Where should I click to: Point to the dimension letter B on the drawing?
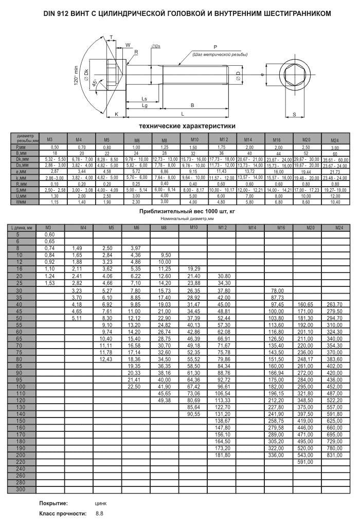click(x=192, y=105)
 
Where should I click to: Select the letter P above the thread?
click(x=214, y=47)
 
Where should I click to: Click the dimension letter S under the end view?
click(x=294, y=114)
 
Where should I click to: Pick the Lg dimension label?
click(x=145, y=105)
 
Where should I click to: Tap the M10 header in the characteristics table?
click(x=194, y=139)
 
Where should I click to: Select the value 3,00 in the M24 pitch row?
click(x=334, y=148)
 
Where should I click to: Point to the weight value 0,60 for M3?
click(x=49, y=234)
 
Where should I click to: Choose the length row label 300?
click(x=20, y=489)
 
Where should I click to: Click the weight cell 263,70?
click(x=334, y=304)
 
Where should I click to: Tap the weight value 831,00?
click(x=334, y=455)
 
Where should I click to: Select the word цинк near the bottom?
click(x=101, y=503)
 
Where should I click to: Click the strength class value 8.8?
click(x=99, y=514)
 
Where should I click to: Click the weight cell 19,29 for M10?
click(x=194, y=268)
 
